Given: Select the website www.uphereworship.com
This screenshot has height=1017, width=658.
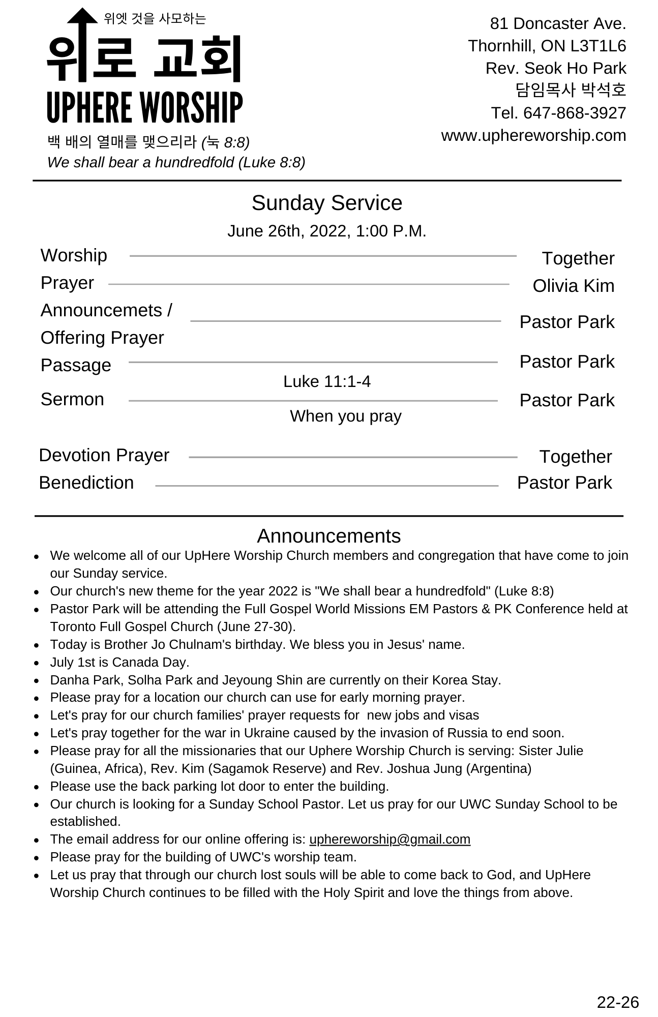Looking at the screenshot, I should (533, 135).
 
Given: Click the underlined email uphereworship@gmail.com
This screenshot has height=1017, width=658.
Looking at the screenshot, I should (390, 839).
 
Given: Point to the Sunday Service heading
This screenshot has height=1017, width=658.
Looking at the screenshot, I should (327, 203).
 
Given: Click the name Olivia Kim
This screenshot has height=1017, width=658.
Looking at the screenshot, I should (573, 286).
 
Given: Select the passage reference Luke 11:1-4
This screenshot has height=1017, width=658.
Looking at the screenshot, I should (327, 381).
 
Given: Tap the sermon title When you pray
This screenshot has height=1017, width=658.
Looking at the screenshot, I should (346, 416).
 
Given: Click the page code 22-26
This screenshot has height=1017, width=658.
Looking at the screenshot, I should (617, 1002).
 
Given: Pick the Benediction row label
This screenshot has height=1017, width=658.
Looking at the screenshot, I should (86, 483).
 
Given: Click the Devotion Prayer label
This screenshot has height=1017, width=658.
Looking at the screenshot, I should (104, 455).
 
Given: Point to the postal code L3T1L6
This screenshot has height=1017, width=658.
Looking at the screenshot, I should (598, 46).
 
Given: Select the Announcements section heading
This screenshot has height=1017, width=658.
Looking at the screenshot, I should (328, 536).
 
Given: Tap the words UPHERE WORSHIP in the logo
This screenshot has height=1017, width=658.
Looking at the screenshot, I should (145, 107).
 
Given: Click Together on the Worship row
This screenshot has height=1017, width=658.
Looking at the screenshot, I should (578, 258).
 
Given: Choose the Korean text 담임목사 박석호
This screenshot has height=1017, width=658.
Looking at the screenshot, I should (571, 90).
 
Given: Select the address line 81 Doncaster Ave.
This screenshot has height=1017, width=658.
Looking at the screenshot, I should (558, 23).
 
